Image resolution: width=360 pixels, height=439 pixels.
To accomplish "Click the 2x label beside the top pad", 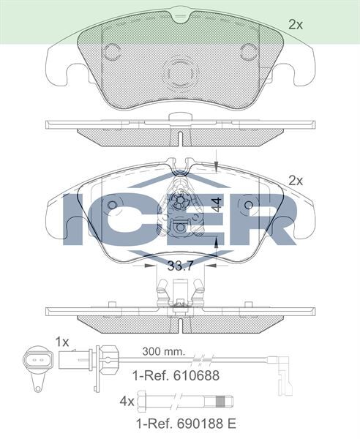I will click(x=295, y=25).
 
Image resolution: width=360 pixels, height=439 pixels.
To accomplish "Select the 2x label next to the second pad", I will click(x=295, y=180).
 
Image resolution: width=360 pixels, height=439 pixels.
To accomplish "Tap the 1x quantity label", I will click(x=62, y=341).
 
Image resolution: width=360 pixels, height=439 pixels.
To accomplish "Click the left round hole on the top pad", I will click(x=112, y=51).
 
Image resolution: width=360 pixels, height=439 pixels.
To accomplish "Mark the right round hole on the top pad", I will click(x=249, y=51).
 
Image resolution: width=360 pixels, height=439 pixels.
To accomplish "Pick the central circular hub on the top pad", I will click(x=180, y=72).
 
